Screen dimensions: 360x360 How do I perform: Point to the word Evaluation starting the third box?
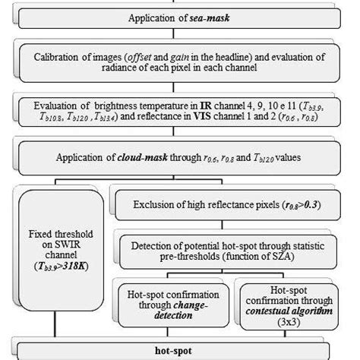click(x=58, y=106)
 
